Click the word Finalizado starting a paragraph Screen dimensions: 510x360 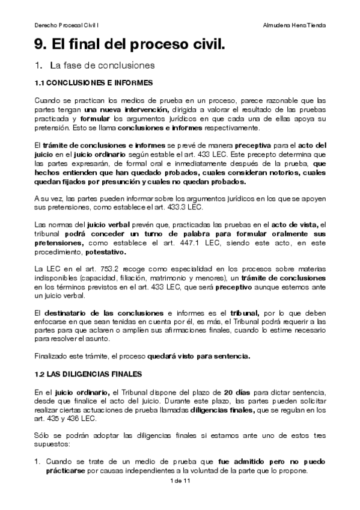[x=52, y=355]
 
